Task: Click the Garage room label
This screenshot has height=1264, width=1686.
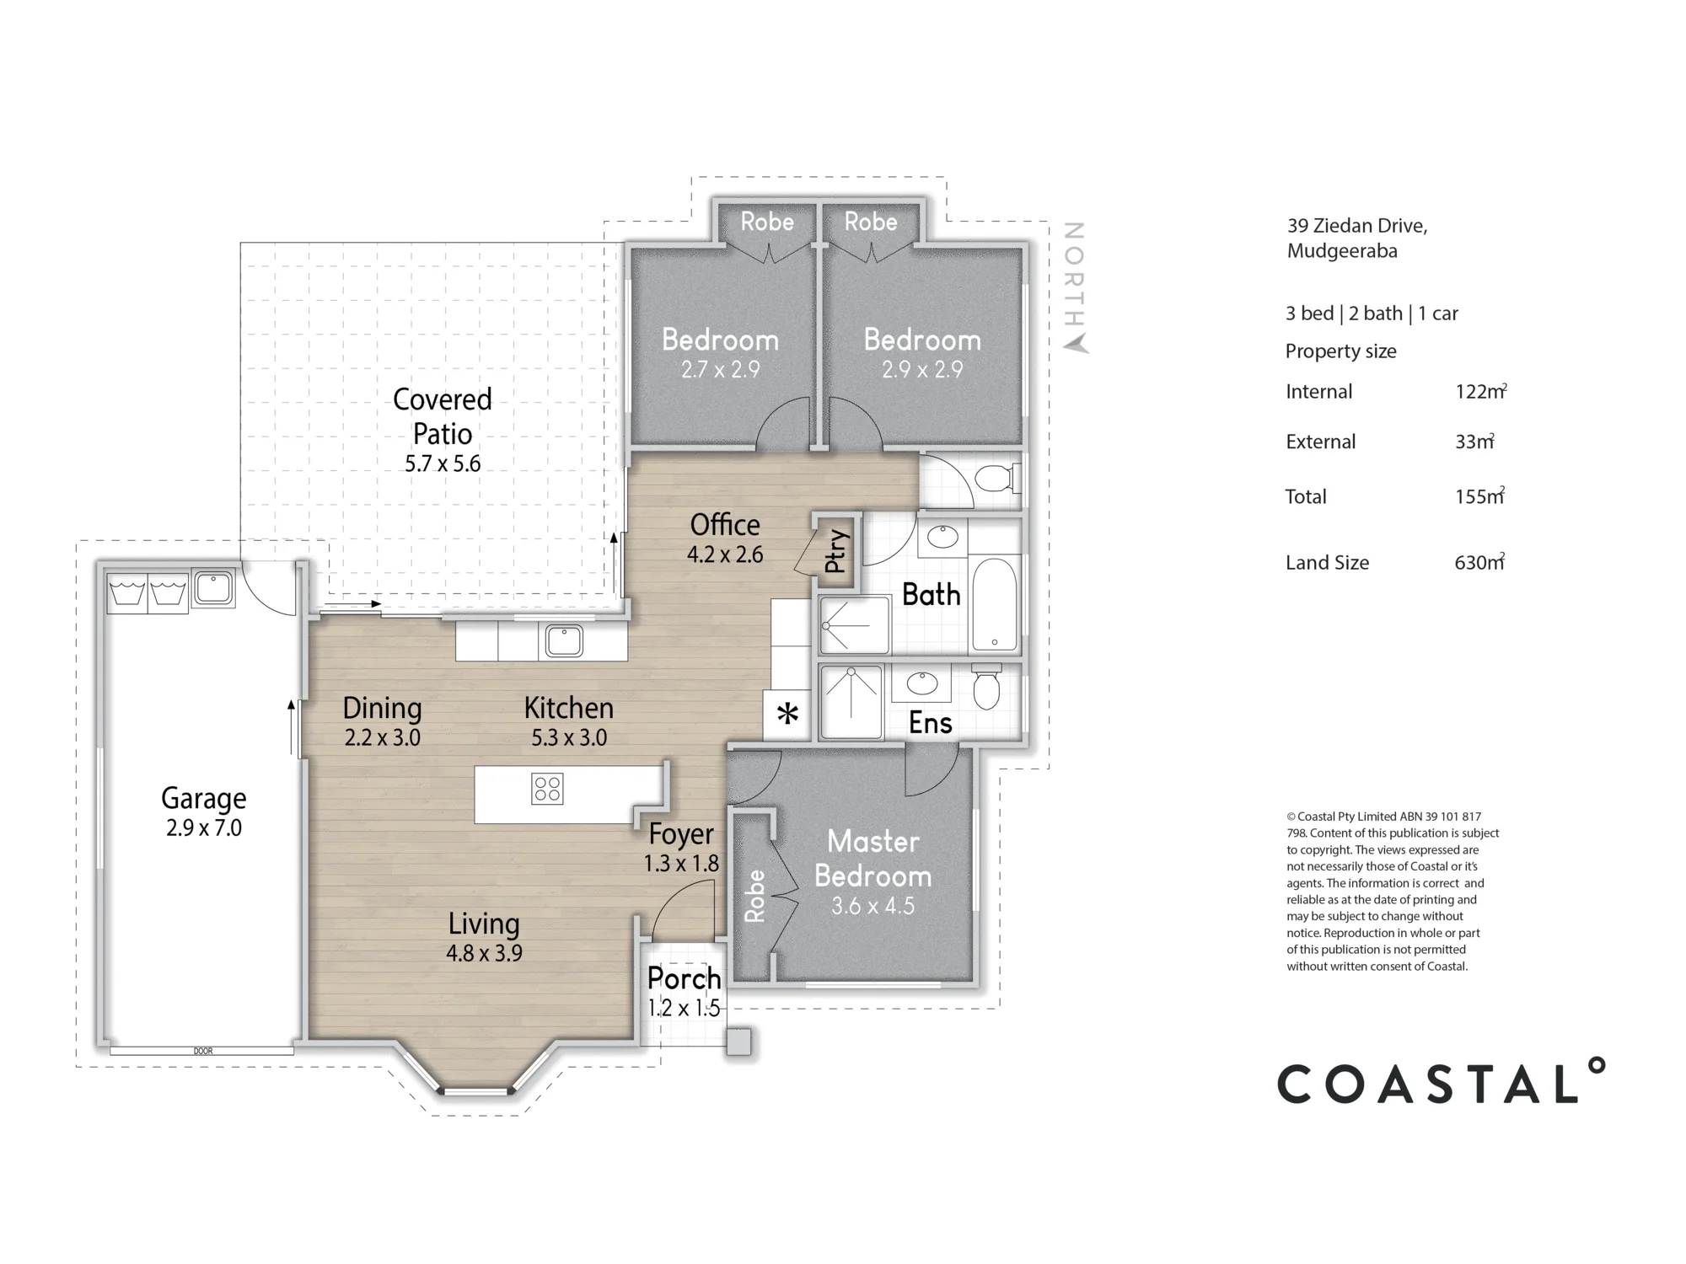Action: (x=204, y=798)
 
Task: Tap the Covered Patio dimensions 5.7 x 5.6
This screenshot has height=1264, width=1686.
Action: (x=443, y=463)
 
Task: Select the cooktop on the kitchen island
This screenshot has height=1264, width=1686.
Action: (x=547, y=789)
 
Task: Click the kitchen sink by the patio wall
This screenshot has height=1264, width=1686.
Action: (x=564, y=640)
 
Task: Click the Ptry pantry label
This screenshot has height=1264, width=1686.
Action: (x=835, y=550)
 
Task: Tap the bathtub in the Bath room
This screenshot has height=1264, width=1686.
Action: (x=996, y=604)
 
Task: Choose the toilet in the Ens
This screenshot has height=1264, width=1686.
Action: (x=986, y=687)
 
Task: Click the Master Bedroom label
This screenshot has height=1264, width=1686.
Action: (x=873, y=859)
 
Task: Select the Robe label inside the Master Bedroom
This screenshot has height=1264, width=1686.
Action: (x=754, y=896)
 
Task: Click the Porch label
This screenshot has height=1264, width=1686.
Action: (x=684, y=978)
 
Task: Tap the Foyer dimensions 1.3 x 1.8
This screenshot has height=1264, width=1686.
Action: (x=681, y=864)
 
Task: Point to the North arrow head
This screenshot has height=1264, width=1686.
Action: (x=1076, y=344)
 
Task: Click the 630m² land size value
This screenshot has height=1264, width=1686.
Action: (x=1479, y=562)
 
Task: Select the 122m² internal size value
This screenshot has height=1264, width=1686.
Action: (x=1480, y=391)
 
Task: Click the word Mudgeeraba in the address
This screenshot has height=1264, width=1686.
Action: (x=1342, y=251)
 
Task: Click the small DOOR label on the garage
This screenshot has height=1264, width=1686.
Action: (x=203, y=1051)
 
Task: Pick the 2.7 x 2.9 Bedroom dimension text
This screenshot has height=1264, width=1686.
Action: (x=721, y=369)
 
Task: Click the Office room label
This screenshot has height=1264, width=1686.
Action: (x=725, y=525)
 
